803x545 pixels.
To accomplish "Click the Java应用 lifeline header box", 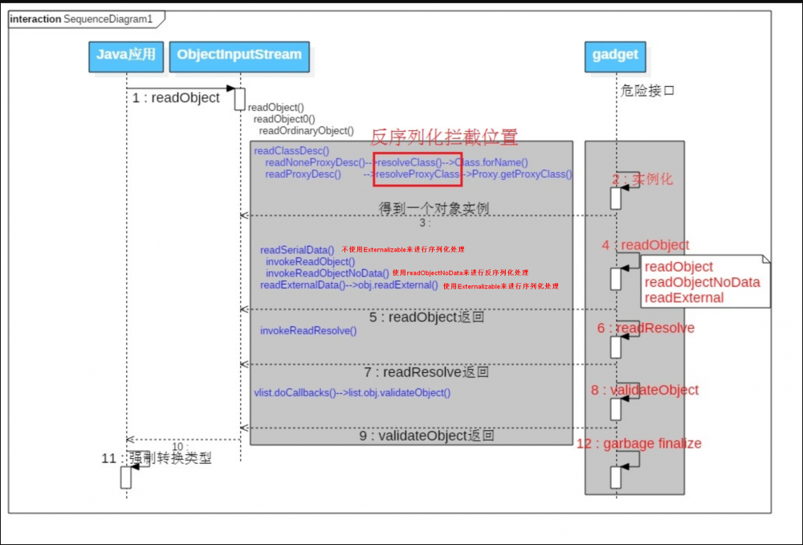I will (x=126, y=55).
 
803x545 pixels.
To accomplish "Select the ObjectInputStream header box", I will (x=238, y=55).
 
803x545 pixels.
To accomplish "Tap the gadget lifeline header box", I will (x=616, y=55).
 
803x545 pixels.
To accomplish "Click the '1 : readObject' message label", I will (x=177, y=98).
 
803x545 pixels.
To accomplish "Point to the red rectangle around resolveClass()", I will (x=418, y=168).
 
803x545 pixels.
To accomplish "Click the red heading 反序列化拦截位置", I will (x=443, y=137).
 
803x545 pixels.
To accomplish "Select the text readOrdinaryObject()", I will (x=306, y=130).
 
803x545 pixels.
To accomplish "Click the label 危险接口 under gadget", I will (x=647, y=91).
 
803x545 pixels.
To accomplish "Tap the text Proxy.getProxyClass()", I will (x=521, y=174).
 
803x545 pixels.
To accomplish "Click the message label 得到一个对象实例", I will (x=434, y=208).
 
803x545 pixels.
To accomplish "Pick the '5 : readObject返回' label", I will (x=427, y=318).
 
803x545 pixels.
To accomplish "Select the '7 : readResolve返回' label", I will (x=426, y=373).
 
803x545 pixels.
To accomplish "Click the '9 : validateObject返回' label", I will (x=426, y=436).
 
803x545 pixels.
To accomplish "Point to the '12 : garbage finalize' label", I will (x=639, y=444).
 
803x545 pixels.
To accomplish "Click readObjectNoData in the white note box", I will (x=702, y=282).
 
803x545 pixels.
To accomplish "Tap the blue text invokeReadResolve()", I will (x=308, y=330).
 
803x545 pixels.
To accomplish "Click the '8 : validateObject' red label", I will (x=644, y=391).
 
